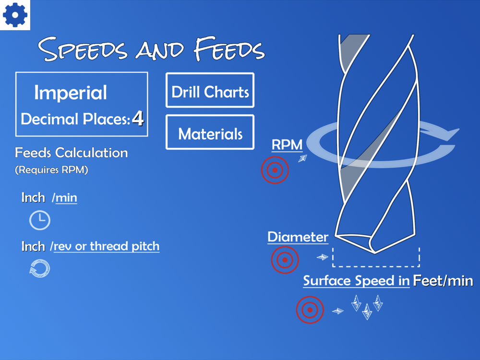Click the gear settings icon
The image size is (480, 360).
[15, 15]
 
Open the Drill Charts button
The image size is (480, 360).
[210, 90]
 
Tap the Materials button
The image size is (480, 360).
[210, 132]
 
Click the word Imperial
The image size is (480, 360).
[71, 92]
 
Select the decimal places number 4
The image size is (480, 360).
[138, 119]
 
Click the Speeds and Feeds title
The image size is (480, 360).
[151, 49]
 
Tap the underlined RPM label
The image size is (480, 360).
[287, 145]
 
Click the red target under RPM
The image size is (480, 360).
[275, 170]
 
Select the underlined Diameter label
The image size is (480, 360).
[298, 237]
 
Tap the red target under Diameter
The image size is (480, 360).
[285, 260]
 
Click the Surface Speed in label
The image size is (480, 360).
[356, 281]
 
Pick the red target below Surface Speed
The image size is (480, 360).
[310, 310]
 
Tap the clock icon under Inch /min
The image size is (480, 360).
[39, 220]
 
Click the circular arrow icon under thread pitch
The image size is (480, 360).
[39, 268]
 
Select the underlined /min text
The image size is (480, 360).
[64, 198]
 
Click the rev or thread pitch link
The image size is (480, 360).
[107, 246]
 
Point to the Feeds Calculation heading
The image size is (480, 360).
[72, 153]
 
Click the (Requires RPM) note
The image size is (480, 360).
[51, 169]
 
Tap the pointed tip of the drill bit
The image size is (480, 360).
[375, 253]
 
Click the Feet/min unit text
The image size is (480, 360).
[443, 281]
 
